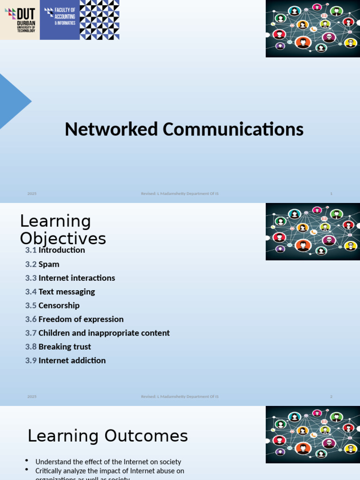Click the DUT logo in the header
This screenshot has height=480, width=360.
pos(20,20)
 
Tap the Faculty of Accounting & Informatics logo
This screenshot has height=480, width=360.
pos(60,20)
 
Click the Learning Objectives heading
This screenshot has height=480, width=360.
pos(63,230)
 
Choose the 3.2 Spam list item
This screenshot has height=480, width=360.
pos(42,264)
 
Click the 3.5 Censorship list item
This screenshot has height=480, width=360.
pos(52,306)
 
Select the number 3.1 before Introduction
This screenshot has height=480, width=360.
pos(31,250)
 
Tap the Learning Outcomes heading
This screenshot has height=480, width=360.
pos(108,436)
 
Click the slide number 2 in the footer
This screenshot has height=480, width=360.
pos(331,397)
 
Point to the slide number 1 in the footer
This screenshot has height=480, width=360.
pos(331,194)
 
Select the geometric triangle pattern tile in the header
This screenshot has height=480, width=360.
pos(99,20)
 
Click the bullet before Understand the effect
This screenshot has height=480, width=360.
pos(27,461)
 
